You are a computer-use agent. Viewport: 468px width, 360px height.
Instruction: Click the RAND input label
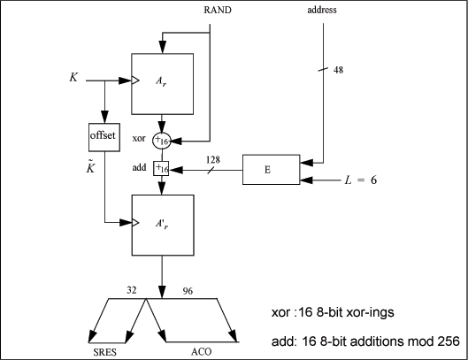click(x=218, y=10)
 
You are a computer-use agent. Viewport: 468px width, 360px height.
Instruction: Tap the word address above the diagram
click(x=322, y=10)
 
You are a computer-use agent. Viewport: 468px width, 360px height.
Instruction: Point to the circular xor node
click(x=162, y=141)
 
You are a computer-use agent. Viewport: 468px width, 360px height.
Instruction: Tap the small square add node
click(x=161, y=169)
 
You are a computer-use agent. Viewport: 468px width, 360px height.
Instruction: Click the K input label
click(x=73, y=77)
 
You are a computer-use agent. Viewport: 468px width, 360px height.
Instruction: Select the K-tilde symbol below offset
click(x=90, y=167)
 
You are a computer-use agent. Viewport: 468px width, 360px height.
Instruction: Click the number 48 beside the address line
click(x=338, y=70)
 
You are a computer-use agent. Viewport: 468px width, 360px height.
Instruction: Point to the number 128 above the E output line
click(x=213, y=160)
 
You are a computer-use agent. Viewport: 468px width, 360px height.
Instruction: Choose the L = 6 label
click(x=361, y=180)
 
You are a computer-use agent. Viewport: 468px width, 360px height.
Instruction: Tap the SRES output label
click(x=104, y=352)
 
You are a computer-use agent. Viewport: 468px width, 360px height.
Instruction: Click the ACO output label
click(x=201, y=352)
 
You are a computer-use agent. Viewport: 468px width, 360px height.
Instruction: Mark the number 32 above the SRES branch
click(x=132, y=290)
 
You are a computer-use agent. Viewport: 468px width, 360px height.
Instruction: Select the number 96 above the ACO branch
click(x=188, y=291)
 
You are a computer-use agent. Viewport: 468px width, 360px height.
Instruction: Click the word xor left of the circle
click(x=139, y=138)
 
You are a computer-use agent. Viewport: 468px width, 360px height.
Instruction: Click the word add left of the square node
click(x=140, y=167)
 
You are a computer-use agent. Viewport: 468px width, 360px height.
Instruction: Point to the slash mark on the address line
click(x=323, y=69)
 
